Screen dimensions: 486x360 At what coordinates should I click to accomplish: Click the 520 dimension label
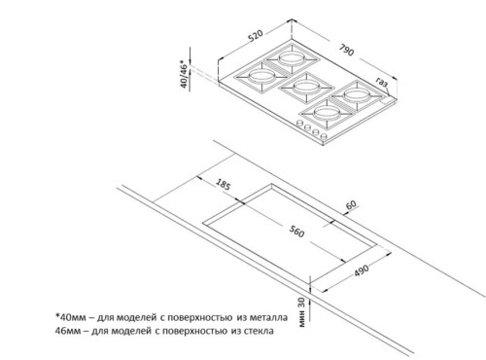pyautogui.click(x=256, y=36)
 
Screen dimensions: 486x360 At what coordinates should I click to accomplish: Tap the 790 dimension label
pyautogui.click(x=347, y=50)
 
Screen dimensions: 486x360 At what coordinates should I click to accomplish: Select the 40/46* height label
pyautogui.click(x=184, y=74)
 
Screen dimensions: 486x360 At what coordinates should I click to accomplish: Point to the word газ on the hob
pyautogui.click(x=382, y=83)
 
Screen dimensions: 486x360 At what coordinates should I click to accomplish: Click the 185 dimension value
pyautogui.click(x=223, y=184)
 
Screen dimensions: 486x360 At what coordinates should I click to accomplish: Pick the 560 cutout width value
pyautogui.click(x=296, y=232)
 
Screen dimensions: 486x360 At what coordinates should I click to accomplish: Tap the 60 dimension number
pyautogui.click(x=351, y=205)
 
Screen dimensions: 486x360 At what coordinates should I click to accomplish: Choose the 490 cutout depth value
pyautogui.click(x=361, y=270)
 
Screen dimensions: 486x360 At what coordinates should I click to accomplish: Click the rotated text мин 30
pyautogui.click(x=301, y=312)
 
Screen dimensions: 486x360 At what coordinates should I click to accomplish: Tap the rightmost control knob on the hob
pyautogui.click(x=323, y=136)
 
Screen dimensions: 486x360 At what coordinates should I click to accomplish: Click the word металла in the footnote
pyautogui.click(x=268, y=317)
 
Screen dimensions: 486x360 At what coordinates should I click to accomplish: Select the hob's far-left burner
pyautogui.click(x=261, y=77)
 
